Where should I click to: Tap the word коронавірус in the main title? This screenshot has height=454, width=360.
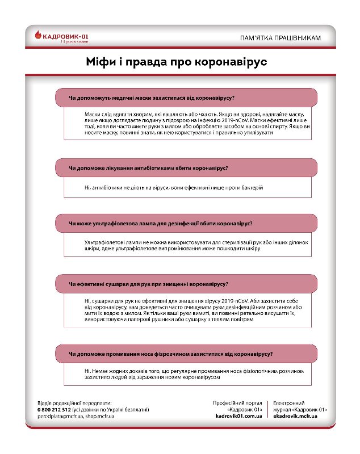coord(226,61)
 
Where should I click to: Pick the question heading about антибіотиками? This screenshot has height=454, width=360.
coord(148,168)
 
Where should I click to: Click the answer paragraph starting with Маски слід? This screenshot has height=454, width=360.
coord(187,123)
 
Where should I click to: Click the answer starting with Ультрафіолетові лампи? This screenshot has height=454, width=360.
coord(187,245)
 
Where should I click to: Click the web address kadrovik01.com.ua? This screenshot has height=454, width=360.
coord(238,416)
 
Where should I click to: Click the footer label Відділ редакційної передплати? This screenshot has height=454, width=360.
coord(74,402)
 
